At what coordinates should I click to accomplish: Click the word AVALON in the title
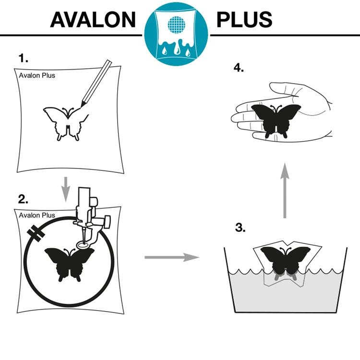point(93,20)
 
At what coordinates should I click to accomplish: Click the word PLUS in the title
point(244,20)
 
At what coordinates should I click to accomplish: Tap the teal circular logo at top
point(176,34)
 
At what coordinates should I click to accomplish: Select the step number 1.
point(23,58)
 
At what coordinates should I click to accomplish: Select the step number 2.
point(23,199)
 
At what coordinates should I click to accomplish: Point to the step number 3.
point(240,228)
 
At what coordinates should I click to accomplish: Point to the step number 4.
point(239,68)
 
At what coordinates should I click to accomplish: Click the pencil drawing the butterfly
point(96,84)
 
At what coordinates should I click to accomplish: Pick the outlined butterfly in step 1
point(66,123)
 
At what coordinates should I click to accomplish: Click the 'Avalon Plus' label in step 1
point(37,75)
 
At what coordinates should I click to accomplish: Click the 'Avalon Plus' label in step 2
point(37,216)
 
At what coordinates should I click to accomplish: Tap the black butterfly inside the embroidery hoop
point(70,264)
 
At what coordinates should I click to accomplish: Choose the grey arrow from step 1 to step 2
point(66,190)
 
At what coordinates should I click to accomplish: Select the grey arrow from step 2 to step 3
point(172,257)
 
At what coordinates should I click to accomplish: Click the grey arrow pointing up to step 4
point(285,191)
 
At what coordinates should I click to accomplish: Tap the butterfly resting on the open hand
point(276,121)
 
